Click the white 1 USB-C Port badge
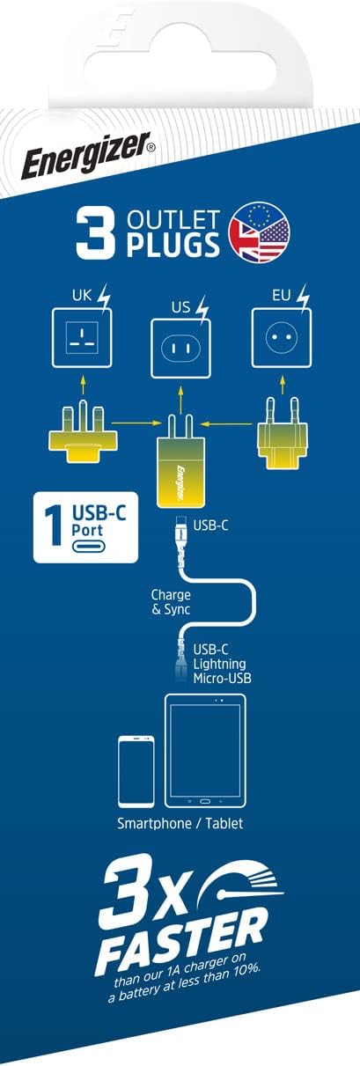point(77,528)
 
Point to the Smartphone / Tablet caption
point(180,825)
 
